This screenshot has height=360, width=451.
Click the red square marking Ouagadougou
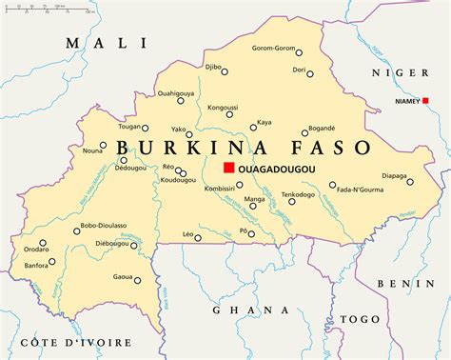228,169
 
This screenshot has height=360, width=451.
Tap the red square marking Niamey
426,101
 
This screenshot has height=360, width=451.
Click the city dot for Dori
313,71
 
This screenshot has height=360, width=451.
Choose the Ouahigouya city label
176,92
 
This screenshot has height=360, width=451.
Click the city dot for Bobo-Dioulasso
77,230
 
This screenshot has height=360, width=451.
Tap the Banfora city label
36,267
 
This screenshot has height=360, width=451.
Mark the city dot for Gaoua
138,280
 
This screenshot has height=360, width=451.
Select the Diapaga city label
395,174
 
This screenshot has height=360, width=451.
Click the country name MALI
105,43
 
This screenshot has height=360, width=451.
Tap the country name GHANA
250,310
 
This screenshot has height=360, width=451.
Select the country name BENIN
406,283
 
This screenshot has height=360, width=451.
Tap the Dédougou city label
130,168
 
